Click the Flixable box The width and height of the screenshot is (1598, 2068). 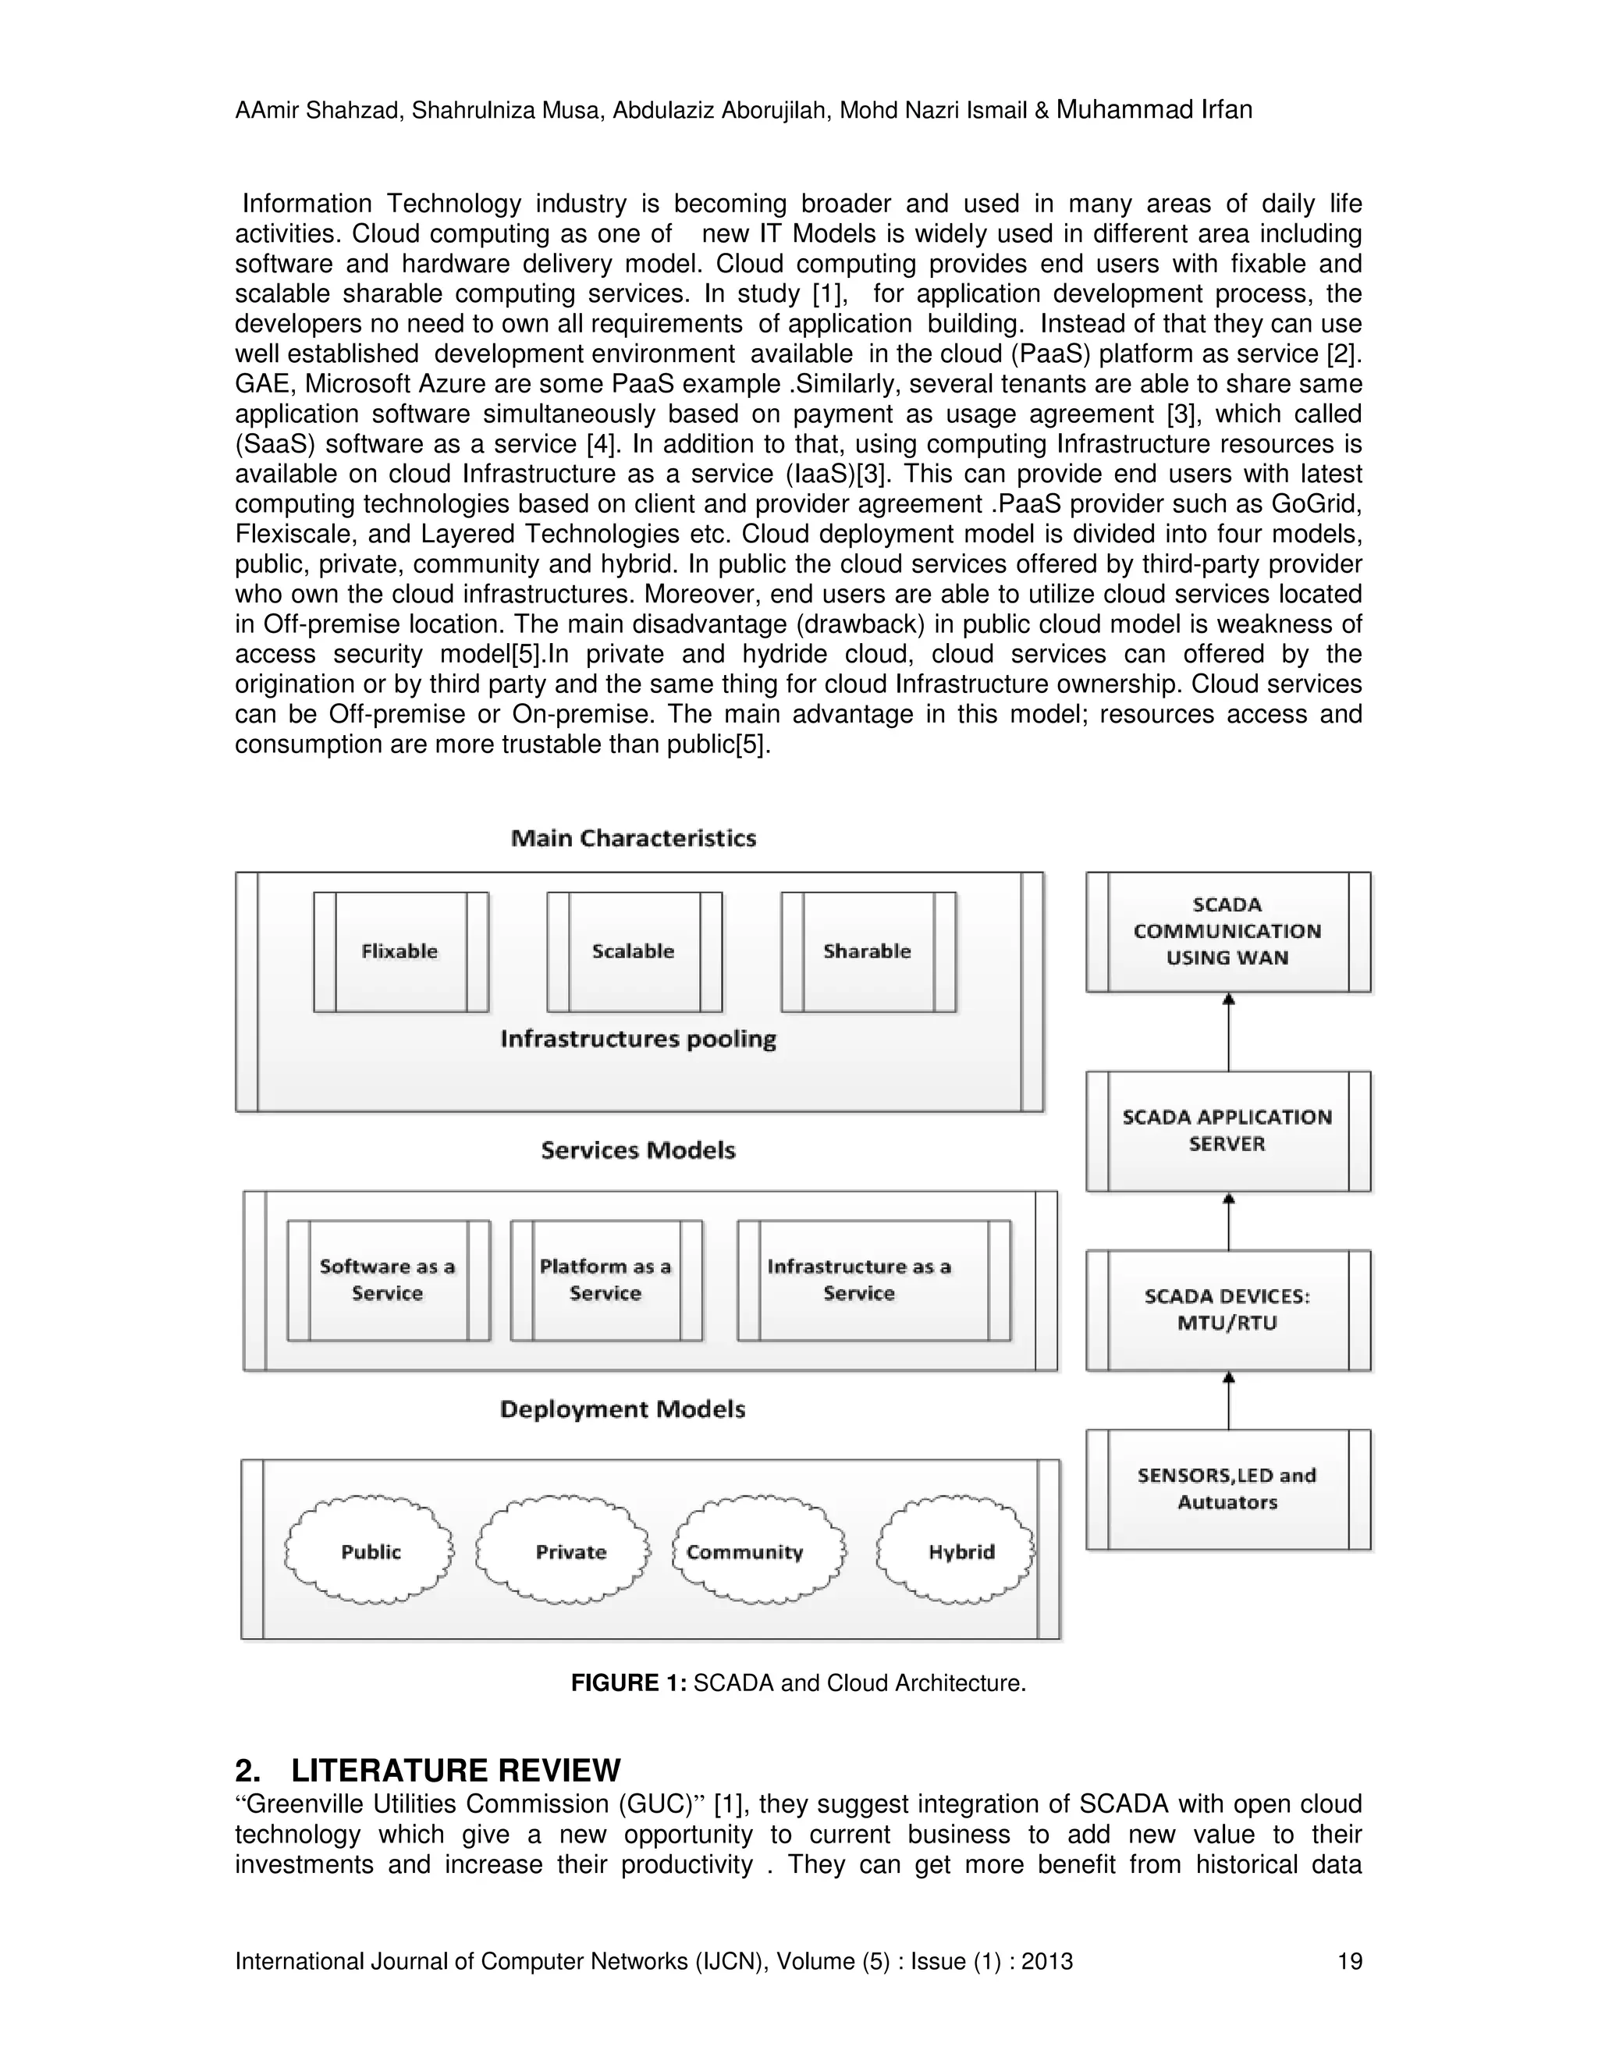pos(400,950)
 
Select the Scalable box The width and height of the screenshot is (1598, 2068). pos(634,950)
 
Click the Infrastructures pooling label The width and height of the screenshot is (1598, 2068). pos(638,1039)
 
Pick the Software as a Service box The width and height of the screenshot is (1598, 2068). pos(388,1279)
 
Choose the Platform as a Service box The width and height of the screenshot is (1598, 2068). pos(605,1279)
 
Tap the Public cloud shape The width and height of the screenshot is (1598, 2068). pos(370,1551)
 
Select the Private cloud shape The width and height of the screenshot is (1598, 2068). pos(565,1551)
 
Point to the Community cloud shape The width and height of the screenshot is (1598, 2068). pos(758,1551)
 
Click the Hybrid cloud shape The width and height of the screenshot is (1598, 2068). pos(956,1551)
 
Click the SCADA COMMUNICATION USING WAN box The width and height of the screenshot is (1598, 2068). pos(1228,931)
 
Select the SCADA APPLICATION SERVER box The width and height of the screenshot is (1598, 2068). pos(1228,1131)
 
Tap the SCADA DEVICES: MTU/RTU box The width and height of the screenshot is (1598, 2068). pos(1228,1309)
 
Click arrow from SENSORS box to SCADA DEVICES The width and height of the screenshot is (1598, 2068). pos(1229,1402)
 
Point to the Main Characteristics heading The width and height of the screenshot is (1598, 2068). pos(634,838)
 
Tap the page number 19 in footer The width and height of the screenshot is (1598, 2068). pos(1349,1961)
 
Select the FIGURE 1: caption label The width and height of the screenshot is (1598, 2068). pos(629,1682)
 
